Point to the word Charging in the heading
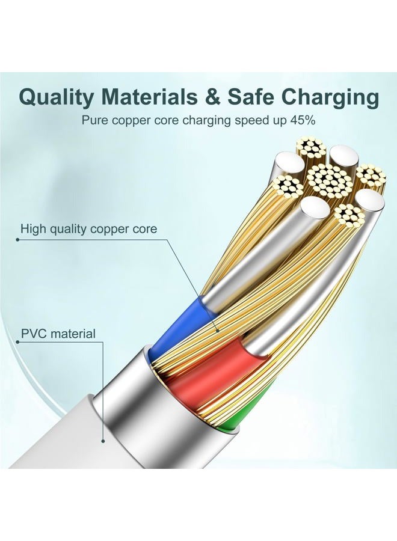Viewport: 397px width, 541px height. (x=332, y=97)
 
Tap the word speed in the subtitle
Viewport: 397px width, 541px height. (x=249, y=121)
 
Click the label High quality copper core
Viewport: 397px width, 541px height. (x=88, y=229)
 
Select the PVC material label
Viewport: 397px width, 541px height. (x=58, y=334)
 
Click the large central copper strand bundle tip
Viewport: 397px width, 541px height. (x=329, y=181)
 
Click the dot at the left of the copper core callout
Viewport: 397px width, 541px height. (x=17, y=239)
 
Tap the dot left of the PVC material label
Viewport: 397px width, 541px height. (x=17, y=342)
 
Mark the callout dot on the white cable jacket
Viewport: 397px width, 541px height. (x=103, y=441)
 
